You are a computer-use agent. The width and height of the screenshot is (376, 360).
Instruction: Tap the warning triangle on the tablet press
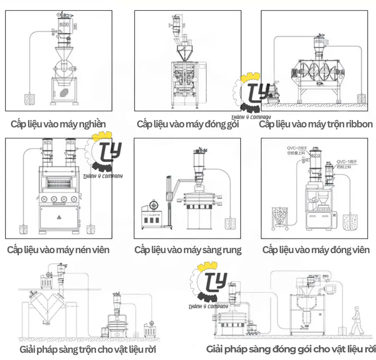58,217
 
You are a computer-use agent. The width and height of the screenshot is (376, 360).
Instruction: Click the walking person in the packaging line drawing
356,320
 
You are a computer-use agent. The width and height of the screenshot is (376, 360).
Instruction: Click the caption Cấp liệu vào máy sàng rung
188,250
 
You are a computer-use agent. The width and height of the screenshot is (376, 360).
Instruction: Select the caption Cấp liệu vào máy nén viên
58,250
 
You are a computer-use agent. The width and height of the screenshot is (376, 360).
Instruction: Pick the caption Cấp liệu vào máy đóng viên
316,250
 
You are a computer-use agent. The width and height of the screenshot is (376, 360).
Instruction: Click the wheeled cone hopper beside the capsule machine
280,217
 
